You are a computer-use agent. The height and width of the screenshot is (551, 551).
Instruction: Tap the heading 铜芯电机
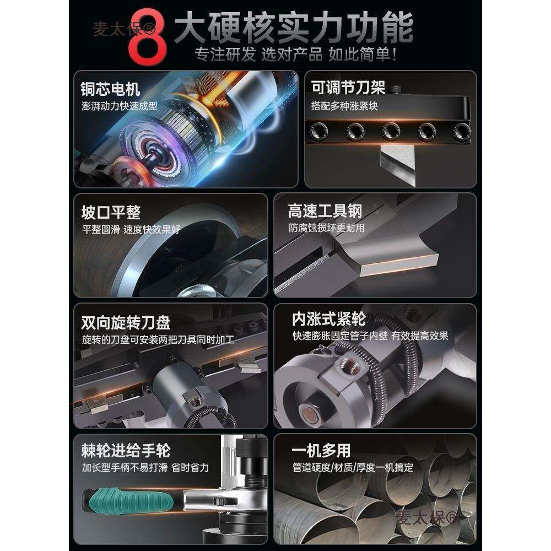[x=110, y=89]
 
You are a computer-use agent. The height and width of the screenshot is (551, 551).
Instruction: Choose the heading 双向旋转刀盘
[x=126, y=322]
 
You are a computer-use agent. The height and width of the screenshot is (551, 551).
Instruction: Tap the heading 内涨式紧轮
[x=329, y=320]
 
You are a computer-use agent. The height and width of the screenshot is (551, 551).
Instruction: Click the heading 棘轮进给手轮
[x=126, y=450]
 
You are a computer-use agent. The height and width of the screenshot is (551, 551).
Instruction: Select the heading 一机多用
[x=321, y=450]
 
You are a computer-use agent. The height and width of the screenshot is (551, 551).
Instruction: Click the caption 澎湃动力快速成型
[x=120, y=106]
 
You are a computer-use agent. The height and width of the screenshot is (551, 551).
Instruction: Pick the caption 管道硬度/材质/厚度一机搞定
[x=353, y=468]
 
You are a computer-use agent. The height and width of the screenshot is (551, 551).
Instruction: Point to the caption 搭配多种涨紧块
[x=345, y=106]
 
